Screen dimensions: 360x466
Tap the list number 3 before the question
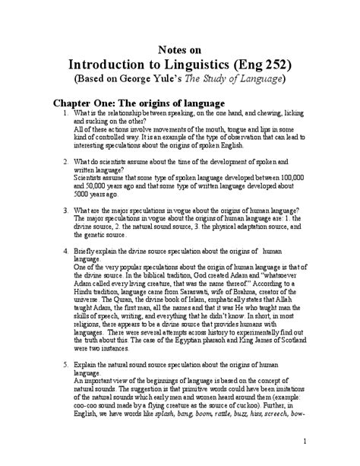[x=66, y=210]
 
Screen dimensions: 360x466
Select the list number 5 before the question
[x=66, y=388]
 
